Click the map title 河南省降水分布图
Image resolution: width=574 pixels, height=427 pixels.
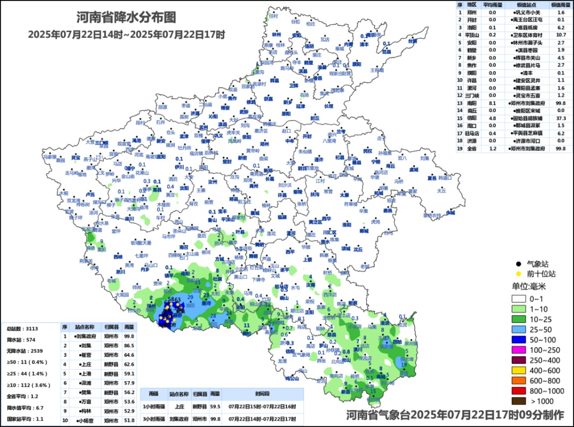125,18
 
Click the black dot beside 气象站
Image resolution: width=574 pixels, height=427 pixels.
518,263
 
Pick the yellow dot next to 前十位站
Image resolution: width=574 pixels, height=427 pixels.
518,274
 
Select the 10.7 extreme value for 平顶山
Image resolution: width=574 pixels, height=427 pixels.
561,35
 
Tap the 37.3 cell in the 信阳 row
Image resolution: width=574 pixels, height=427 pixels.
561,118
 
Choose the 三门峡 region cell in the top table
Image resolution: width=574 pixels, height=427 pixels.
471,95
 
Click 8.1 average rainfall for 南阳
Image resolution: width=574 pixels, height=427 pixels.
492,103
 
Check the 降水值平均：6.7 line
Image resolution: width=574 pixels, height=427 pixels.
26,408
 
